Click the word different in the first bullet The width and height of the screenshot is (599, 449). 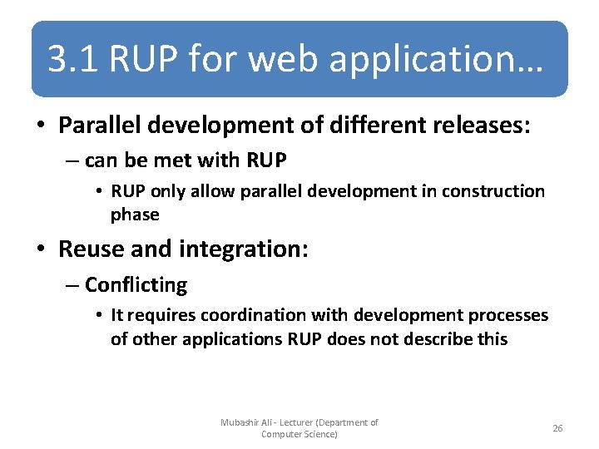[x=367, y=126]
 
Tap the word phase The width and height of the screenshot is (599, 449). [x=135, y=214]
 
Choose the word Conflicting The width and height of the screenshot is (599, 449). [x=136, y=285]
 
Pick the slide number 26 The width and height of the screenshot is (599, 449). [x=557, y=428]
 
